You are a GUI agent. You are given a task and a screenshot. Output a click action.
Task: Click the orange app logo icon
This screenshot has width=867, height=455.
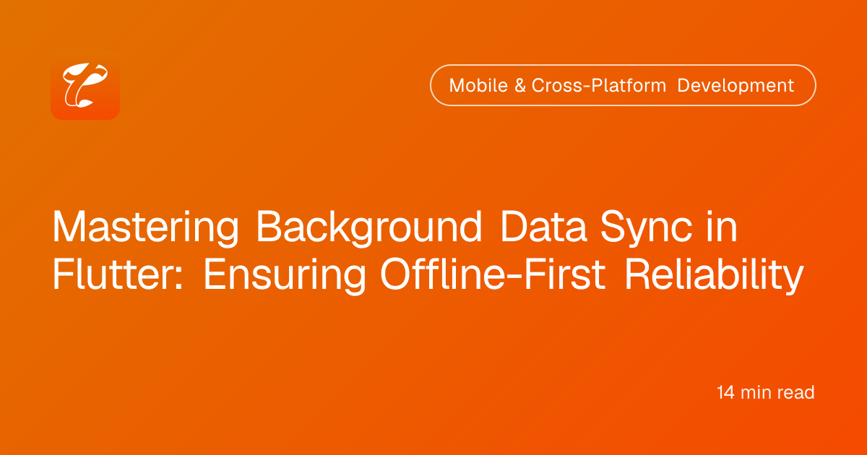[x=85, y=85]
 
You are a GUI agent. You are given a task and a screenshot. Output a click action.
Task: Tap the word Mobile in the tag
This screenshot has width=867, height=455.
[x=478, y=85]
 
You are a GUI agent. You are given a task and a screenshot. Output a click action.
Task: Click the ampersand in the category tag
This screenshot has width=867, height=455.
[x=520, y=85]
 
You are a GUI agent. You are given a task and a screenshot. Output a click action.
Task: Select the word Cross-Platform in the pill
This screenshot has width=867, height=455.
[x=598, y=85]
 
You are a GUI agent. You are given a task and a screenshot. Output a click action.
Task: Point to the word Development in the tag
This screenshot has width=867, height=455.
[x=736, y=85]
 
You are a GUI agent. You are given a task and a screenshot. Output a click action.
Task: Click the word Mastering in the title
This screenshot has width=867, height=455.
[x=145, y=227]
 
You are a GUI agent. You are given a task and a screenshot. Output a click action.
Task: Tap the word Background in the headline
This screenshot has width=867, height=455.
[x=369, y=227]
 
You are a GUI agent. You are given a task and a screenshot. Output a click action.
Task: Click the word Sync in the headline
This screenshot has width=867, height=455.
[x=647, y=227]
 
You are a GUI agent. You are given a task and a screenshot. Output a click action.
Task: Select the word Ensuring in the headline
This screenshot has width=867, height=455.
[x=285, y=274]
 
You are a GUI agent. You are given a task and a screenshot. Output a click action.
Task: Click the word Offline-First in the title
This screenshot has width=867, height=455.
[x=493, y=274]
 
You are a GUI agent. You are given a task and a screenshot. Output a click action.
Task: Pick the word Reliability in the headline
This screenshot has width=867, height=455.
[x=715, y=274]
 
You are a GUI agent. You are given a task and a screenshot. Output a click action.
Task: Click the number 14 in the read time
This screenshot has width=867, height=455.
[x=725, y=392]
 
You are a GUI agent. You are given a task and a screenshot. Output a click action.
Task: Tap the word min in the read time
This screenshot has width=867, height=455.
[x=756, y=392]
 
